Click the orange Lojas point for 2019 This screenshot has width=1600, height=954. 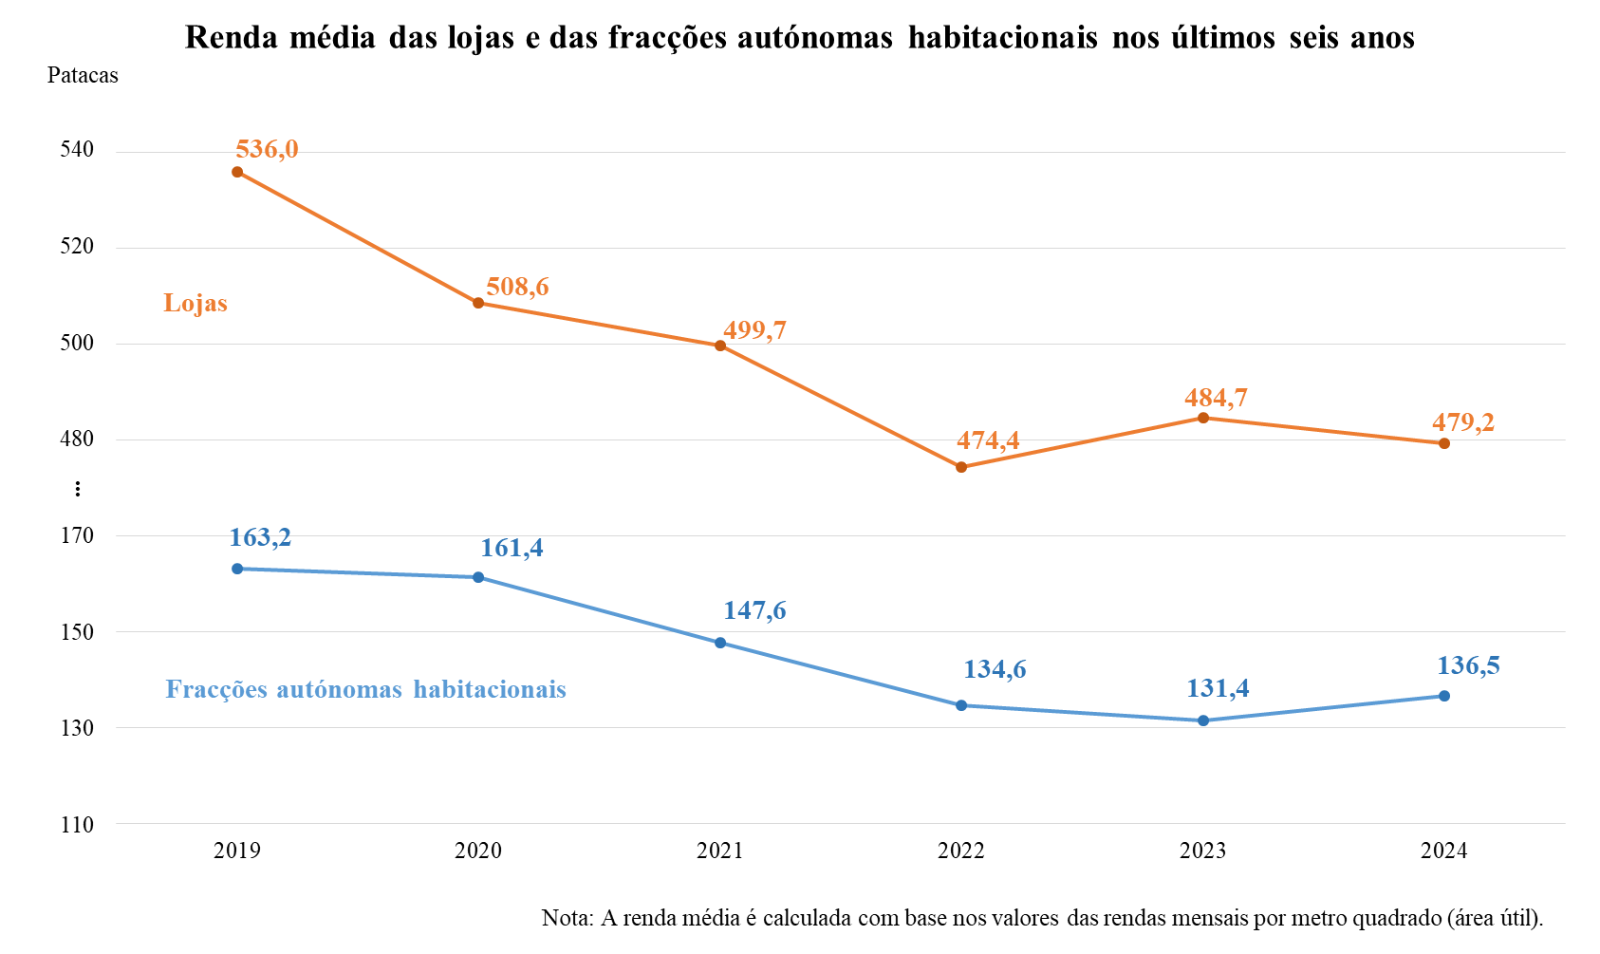click(x=237, y=172)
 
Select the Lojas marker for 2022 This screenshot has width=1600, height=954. click(x=961, y=467)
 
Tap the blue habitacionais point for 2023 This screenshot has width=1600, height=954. click(x=1203, y=720)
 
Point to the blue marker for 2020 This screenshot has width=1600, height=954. click(x=478, y=577)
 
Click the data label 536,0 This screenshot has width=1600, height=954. click(x=267, y=149)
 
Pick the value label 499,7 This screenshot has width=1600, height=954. click(x=754, y=330)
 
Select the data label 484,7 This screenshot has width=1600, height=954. click(x=1216, y=398)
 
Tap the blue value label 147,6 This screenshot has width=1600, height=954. click(x=754, y=610)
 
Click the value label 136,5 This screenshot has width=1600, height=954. click(x=1468, y=665)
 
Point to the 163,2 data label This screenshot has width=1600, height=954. click(x=260, y=537)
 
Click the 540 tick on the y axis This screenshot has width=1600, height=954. click(x=77, y=150)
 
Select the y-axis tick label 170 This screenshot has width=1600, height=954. click(x=77, y=535)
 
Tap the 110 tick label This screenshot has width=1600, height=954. click(x=77, y=825)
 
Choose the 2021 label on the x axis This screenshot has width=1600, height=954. click(x=719, y=851)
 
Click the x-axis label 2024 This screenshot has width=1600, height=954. click(x=1443, y=851)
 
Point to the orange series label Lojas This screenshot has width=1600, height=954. click(x=195, y=303)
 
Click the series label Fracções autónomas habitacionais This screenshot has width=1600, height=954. click(x=365, y=689)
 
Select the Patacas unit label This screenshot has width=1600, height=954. click(x=83, y=76)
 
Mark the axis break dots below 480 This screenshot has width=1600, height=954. click(x=78, y=489)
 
